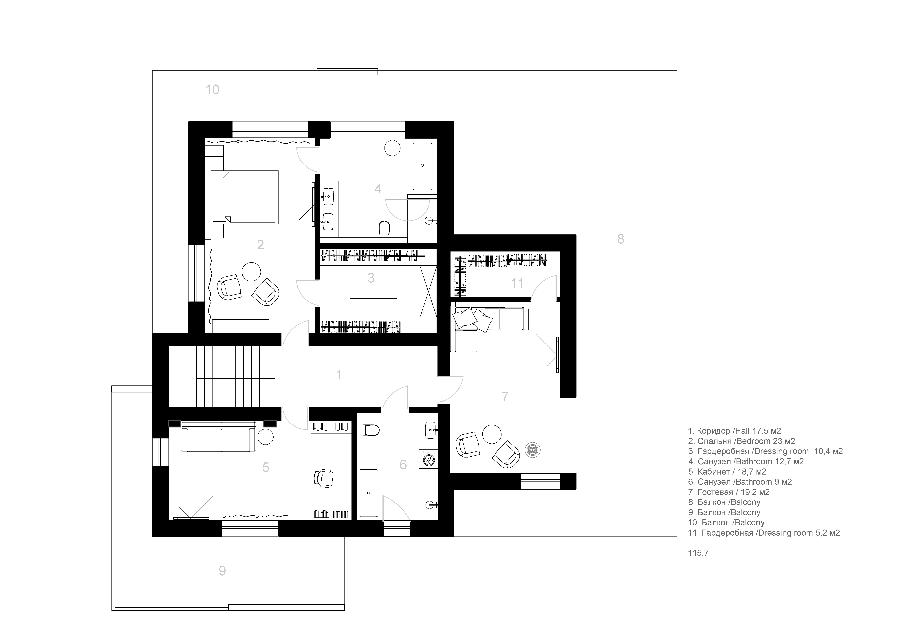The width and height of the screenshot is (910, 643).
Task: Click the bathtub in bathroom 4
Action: (x=422, y=166)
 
